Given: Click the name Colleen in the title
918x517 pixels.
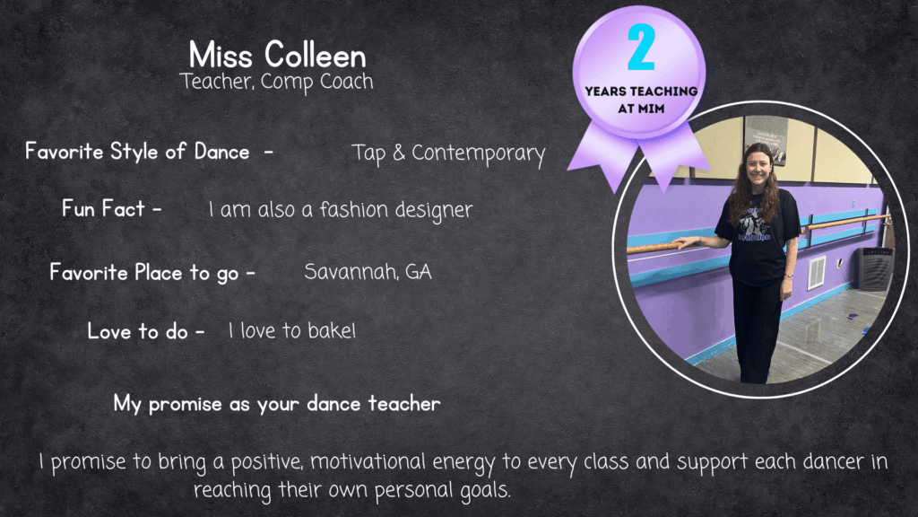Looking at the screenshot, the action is tap(315, 56).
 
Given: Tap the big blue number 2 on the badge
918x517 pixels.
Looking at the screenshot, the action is tap(641, 48).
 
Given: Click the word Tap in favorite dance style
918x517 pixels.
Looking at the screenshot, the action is tap(368, 153).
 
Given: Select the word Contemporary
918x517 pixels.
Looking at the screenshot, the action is tap(479, 153).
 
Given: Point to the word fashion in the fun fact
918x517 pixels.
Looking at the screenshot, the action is tap(353, 209).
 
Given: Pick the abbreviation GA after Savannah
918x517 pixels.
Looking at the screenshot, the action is tap(419, 272).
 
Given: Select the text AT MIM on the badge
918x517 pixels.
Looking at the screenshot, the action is tap(641, 109).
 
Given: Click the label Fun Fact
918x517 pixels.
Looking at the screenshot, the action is tap(103, 208).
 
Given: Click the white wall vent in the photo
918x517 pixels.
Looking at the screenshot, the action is tap(816, 273).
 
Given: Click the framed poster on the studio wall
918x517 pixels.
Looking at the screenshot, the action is tap(766, 140).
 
